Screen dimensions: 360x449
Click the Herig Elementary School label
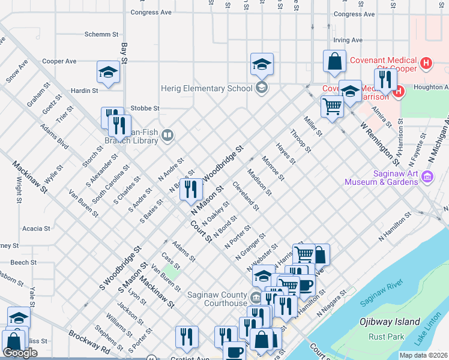pos(206,88)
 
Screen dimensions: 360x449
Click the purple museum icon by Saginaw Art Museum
pos(427,176)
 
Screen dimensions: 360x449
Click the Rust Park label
pos(387,337)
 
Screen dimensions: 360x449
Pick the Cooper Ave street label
pos(59,61)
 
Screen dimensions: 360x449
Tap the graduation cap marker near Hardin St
pos(108,73)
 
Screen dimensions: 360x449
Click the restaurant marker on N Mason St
pos(190,190)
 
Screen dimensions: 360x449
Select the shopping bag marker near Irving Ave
pos(334,62)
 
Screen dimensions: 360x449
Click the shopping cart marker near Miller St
pos(331,107)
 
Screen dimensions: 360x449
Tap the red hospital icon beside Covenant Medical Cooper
pos(426,62)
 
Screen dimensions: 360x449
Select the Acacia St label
pos(36,229)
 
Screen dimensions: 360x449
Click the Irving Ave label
pos(348,40)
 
